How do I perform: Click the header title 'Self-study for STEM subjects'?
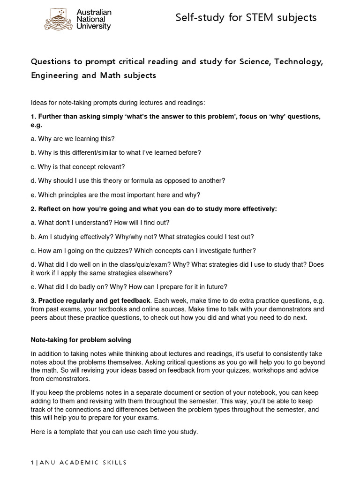tap(246, 18)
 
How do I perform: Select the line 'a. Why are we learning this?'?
tap(73, 139)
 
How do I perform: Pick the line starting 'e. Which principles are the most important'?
tap(115, 195)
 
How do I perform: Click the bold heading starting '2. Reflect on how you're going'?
tap(154, 209)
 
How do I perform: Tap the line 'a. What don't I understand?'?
tap(100, 223)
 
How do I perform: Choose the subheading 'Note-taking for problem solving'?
tap(81, 339)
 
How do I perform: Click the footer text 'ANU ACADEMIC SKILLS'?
tap(83, 463)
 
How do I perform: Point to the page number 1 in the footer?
tap(32, 463)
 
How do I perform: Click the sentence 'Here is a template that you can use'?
tap(114, 432)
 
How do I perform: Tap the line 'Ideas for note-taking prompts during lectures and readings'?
tap(118, 103)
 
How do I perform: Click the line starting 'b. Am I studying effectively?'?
tap(142, 237)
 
